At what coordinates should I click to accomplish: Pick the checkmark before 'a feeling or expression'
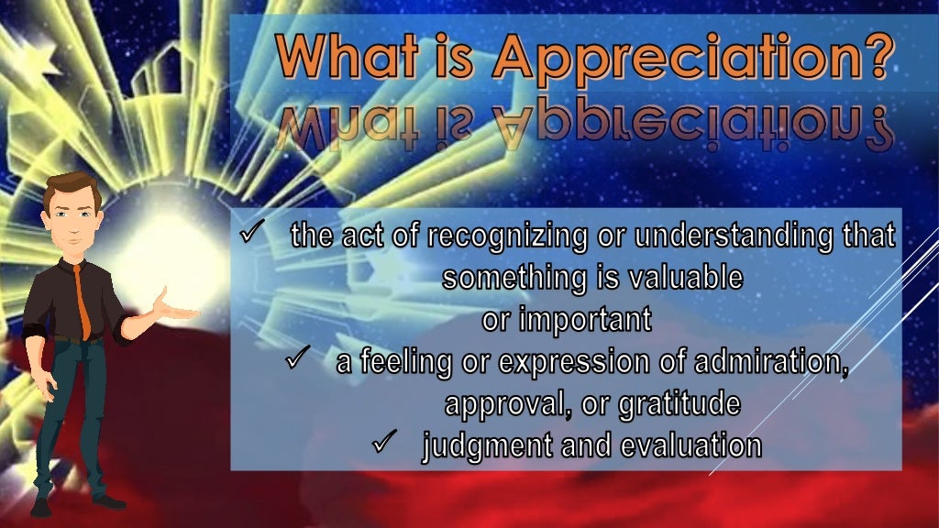click(x=298, y=360)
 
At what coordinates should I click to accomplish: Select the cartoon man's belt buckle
click(x=74, y=340)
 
